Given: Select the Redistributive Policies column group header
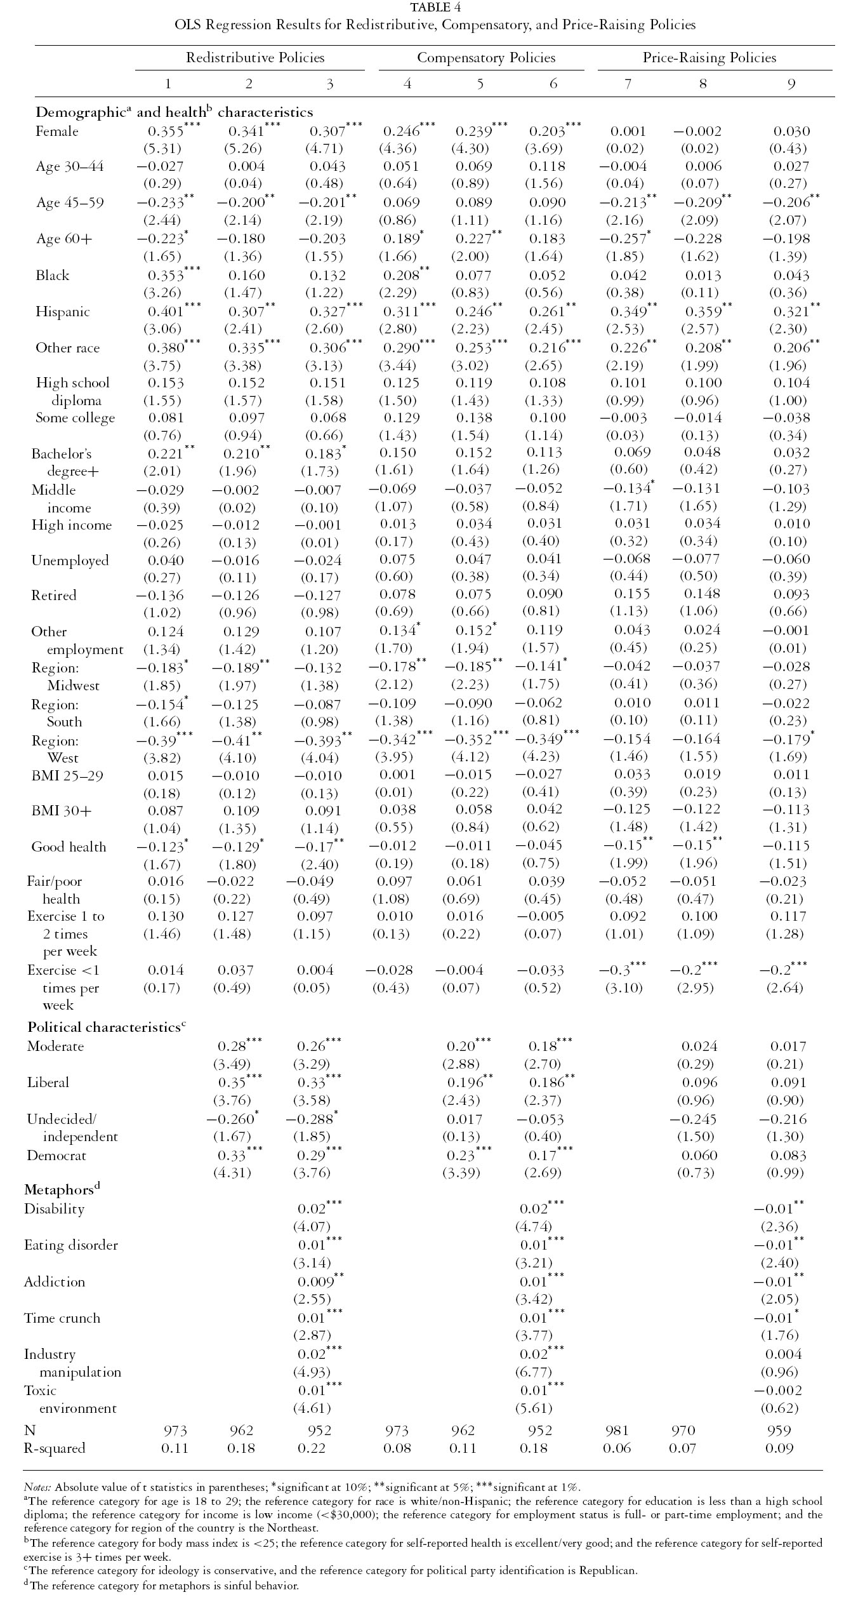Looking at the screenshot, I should pos(255,58).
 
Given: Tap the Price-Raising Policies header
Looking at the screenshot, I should pos(709,58).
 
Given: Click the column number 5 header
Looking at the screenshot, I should pos(480,84).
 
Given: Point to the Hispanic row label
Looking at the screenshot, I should pos(63,312).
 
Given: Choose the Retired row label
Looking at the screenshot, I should pos(54,596).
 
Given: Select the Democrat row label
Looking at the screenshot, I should pos(56,1156).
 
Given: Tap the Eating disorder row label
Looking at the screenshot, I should pos(70,1245).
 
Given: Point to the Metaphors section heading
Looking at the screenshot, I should pos(62,1188).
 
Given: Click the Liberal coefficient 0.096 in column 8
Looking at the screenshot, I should pos(700,1083).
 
